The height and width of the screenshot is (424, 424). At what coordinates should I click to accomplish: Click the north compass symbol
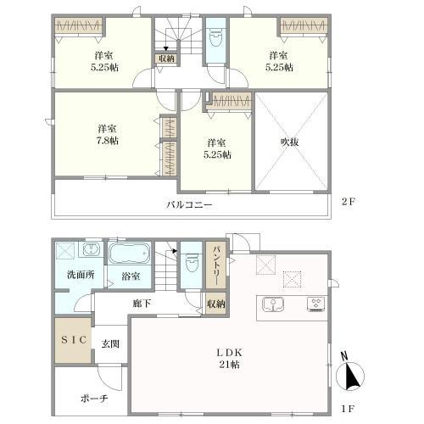tap(349, 372)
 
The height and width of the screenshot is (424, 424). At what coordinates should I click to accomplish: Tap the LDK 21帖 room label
tap(230, 359)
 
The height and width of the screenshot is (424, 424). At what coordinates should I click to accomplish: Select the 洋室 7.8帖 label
tap(108, 135)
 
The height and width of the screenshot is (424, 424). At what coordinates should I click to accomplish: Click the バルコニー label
tap(189, 204)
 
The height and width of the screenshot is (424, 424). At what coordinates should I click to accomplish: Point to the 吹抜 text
tap(290, 142)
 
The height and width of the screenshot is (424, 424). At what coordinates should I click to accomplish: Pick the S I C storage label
tap(74, 340)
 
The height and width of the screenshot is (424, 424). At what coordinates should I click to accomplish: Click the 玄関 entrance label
tap(110, 344)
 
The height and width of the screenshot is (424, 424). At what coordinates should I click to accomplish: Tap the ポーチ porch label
tap(94, 399)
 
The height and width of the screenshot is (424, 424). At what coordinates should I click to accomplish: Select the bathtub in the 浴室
tap(130, 254)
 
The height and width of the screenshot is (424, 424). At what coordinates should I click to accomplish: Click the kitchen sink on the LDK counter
tap(273, 304)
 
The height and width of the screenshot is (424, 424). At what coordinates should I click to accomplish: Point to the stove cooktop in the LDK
tap(316, 304)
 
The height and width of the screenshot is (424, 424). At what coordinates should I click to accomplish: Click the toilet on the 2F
tap(215, 39)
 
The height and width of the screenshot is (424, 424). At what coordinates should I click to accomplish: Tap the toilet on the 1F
tap(192, 263)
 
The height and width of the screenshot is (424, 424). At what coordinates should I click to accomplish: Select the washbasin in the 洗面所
tap(91, 249)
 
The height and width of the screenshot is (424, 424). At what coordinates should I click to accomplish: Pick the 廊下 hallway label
tap(142, 304)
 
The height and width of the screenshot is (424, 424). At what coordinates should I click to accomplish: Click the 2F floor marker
tap(348, 202)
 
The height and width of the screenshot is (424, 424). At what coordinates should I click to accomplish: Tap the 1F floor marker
tap(348, 409)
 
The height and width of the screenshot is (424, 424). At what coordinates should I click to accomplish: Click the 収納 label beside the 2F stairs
tap(166, 59)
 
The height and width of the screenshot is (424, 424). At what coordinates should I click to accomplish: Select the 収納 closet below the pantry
tap(216, 304)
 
